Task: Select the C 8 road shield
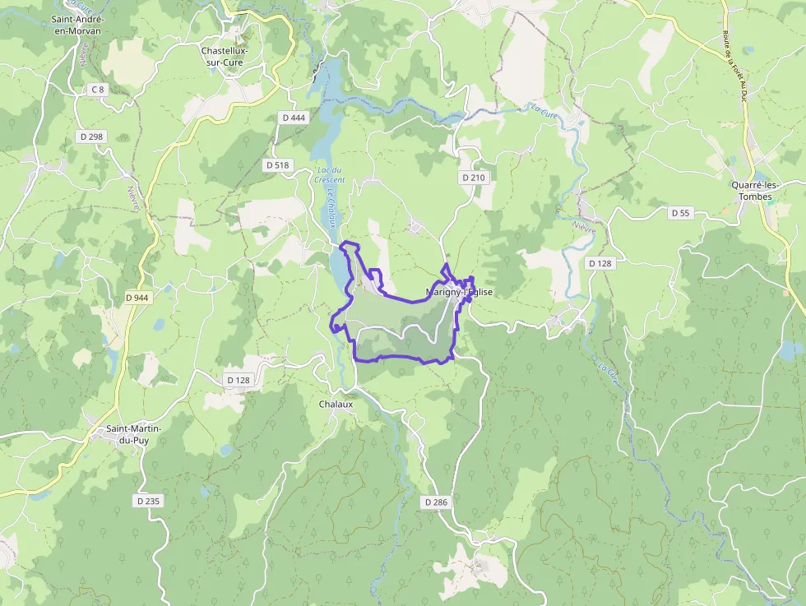pyautogui.click(x=98, y=89)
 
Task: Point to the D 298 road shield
pyautogui.click(x=92, y=136)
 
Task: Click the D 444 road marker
pyautogui.click(x=294, y=118)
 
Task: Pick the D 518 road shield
pyautogui.click(x=278, y=165)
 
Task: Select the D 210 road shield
pyautogui.click(x=473, y=177)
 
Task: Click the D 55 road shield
pyautogui.click(x=680, y=213)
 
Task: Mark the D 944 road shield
pyautogui.click(x=138, y=297)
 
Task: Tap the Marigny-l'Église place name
pyautogui.click(x=460, y=292)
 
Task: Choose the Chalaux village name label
pyautogui.click(x=336, y=404)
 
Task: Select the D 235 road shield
pyautogui.click(x=148, y=500)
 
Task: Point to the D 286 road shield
pyautogui.click(x=437, y=502)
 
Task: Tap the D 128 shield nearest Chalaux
pyautogui.click(x=238, y=379)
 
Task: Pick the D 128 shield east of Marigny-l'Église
pyautogui.click(x=600, y=263)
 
